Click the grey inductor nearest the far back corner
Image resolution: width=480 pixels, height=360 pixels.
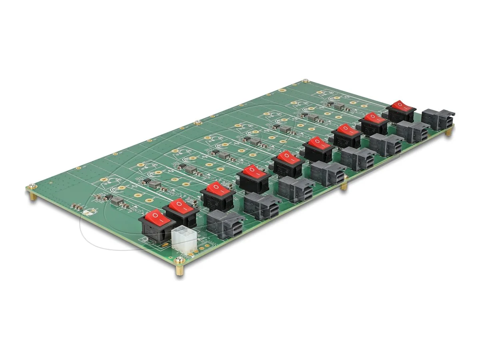[339, 106]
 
